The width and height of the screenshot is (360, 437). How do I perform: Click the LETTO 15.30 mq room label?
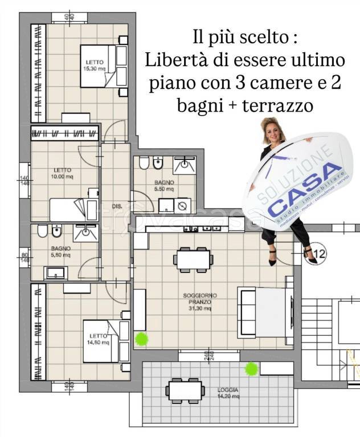coord(95,65)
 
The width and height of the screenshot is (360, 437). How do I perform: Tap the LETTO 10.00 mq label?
coord(63,173)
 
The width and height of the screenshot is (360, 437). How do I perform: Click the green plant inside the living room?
coord(141,340)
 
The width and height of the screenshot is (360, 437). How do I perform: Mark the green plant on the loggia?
coord(249,369)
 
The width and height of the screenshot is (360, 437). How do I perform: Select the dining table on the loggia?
coord(186,391)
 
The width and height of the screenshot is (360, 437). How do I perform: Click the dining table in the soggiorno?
coord(193,259)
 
